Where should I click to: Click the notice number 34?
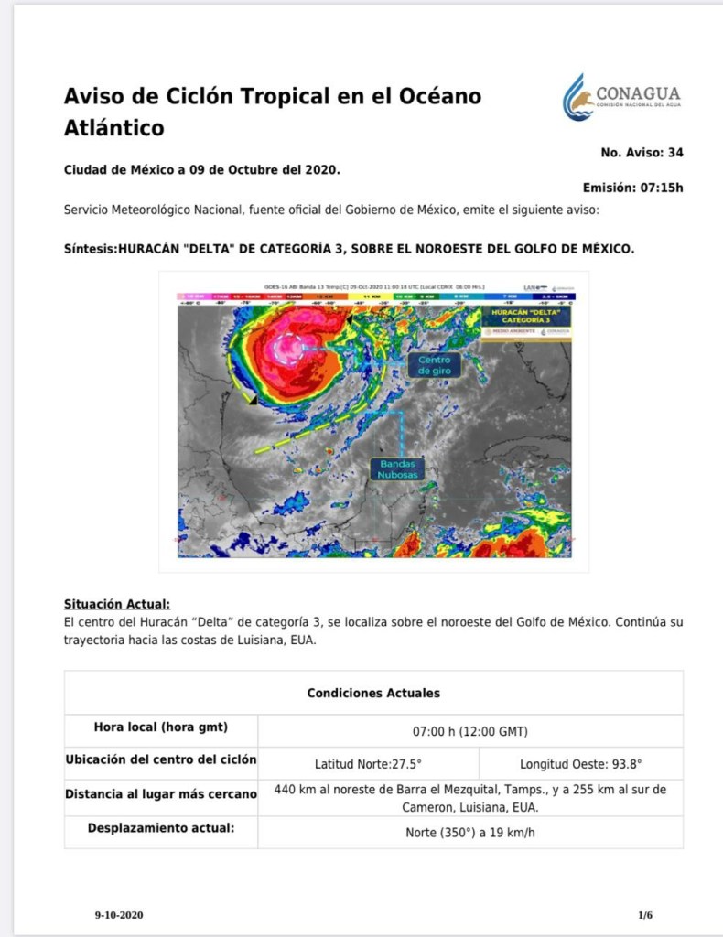[x=674, y=153]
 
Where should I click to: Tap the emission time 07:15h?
[x=661, y=188]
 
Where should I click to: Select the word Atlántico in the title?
[x=114, y=128]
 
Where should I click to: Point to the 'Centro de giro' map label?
[x=435, y=365]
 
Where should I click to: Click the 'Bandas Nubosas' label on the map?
[x=399, y=469]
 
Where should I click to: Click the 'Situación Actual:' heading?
[x=117, y=604]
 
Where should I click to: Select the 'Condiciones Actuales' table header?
[x=373, y=693]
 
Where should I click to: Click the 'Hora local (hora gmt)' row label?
[x=161, y=728]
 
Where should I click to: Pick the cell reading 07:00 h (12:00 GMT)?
[x=469, y=731]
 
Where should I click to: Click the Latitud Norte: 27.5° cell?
[x=368, y=763]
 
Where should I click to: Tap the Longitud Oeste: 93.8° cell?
[x=580, y=763]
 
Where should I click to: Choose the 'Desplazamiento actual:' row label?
[x=161, y=829]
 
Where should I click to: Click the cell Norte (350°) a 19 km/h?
[x=469, y=833]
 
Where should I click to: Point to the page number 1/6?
[x=645, y=915]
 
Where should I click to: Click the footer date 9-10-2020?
[x=119, y=915]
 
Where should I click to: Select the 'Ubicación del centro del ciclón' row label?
[x=161, y=760]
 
